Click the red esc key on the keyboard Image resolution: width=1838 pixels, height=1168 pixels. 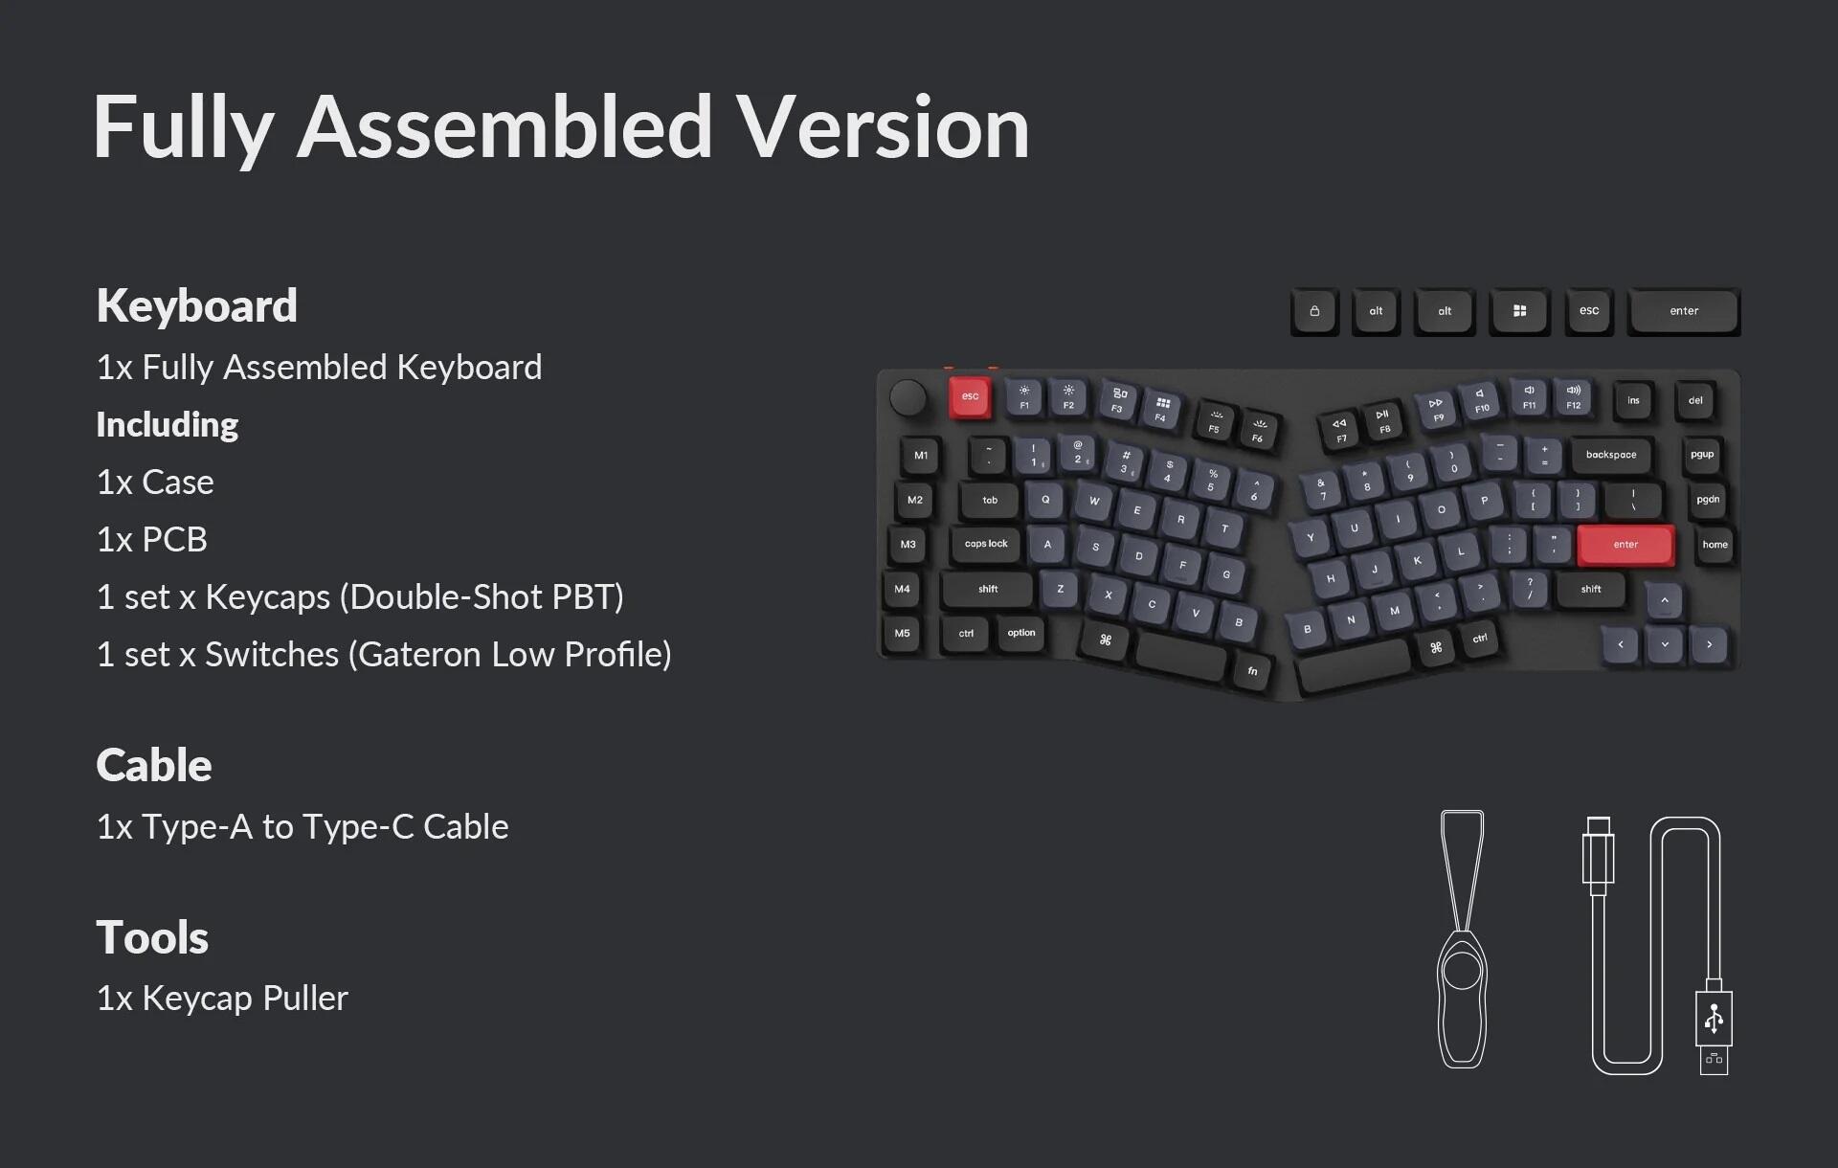[970, 396]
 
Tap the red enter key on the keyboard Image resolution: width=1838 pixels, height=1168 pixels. [1625, 545]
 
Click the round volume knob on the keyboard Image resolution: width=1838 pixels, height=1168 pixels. [908, 397]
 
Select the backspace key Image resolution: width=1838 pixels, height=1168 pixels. [1611, 455]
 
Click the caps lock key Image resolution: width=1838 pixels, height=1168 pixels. [986, 544]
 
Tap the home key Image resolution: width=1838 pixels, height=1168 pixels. [1715, 545]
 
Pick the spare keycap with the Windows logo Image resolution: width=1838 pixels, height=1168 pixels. [1519, 311]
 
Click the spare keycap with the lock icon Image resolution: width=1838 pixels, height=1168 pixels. [1314, 311]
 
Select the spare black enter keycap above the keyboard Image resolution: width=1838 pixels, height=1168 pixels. [1684, 311]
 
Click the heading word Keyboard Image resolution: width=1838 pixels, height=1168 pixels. [196, 306]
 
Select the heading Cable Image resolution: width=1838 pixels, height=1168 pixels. [154, 765]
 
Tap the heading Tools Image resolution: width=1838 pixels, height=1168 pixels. [152, 937]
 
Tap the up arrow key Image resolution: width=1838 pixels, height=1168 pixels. [1665, 600]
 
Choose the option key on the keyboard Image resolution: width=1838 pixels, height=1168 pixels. [1021, 633]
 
